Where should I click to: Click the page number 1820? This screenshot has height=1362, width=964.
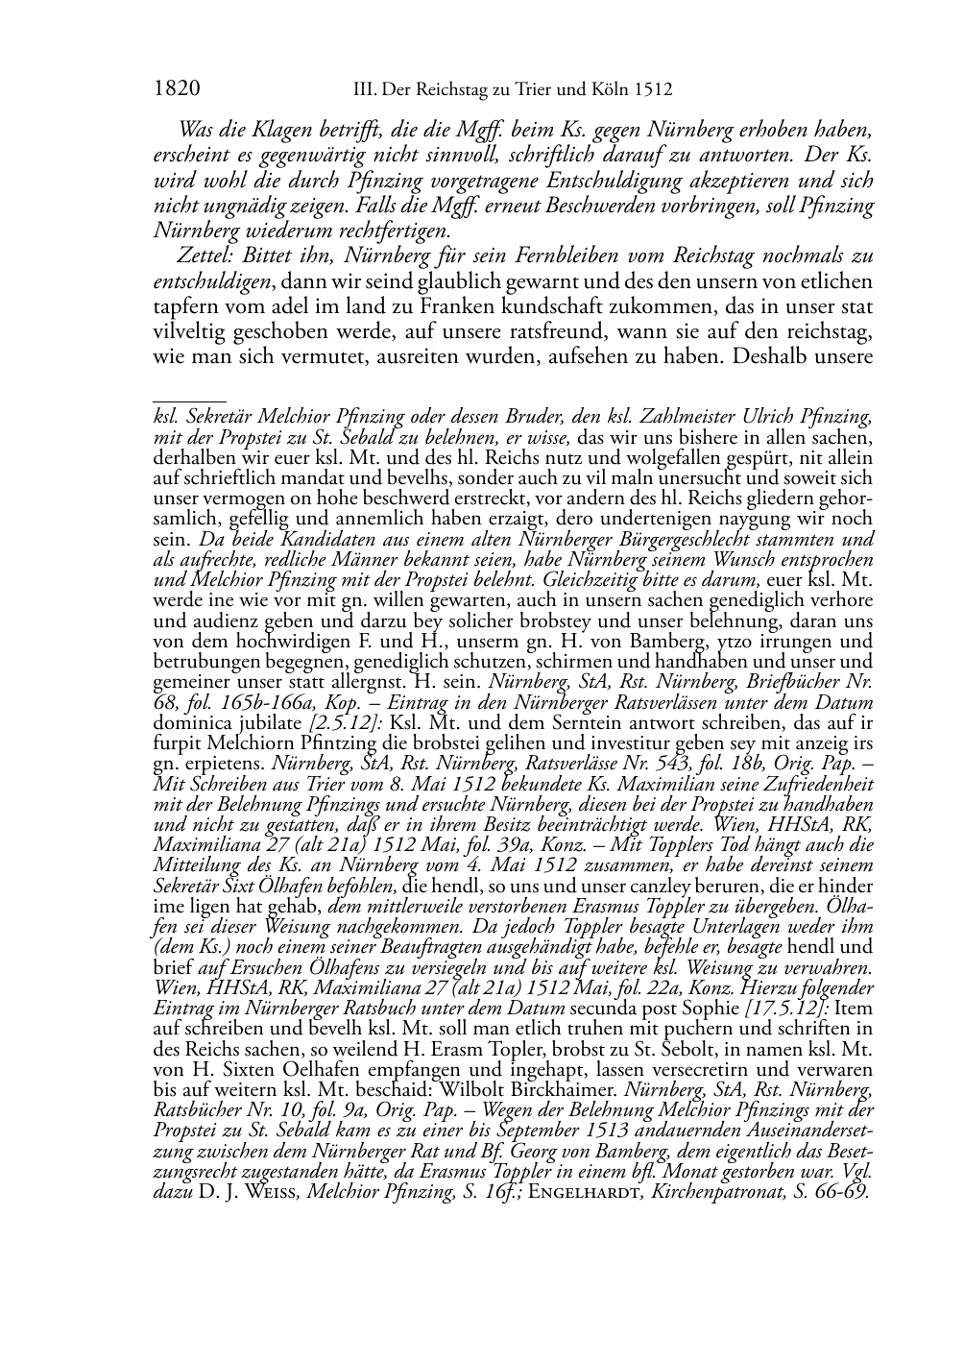tap(177, 89)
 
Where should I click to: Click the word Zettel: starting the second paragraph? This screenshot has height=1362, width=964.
tap(207, 256)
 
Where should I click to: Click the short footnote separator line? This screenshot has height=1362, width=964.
tap(189, 400)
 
